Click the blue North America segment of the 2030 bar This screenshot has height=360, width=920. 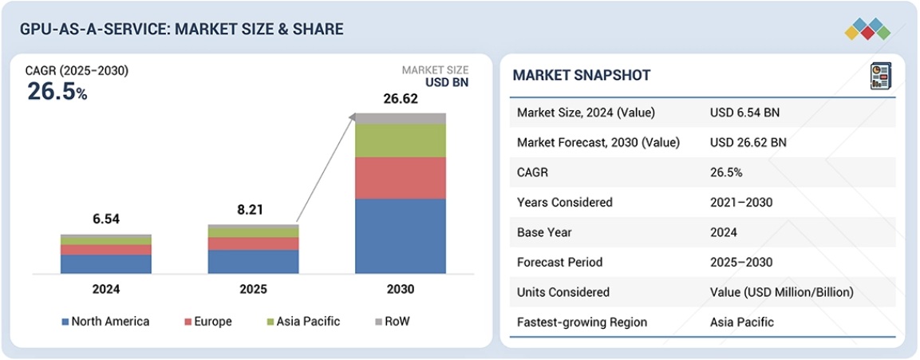pyautogui.click(x=401, y=235)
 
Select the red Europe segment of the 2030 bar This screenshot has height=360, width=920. pyautogui.click(x=401, y=177)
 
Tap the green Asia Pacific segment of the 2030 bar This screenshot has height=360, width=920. pyautogui.click(x=401, y=141)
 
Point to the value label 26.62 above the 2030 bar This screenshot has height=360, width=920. pyautogui.click(x=401, y=99)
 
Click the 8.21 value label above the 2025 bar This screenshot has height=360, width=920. pyautogui.click(x=254, y=211)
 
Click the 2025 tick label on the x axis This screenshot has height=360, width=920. pyautogui.click(x=254, y=289)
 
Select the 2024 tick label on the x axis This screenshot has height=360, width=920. pyautogui.click(x=105, y=289)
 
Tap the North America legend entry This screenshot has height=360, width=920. pyautogui.click(x=105, y=322)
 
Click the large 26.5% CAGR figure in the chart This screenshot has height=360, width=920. pyautogui.click(x=57, y=92)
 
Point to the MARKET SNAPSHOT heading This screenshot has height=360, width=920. pyautogui.click(x=581, y=75)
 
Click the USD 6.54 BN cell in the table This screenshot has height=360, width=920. pyautogui.click(x=744, y=113)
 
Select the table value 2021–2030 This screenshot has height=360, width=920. pyautogui.click(x=741, y=202)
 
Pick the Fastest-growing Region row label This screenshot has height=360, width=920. pyautogui.click(x=582, y=322)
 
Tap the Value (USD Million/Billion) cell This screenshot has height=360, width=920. pyautogui.click(x=781, y=292)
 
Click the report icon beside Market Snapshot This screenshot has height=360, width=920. pyautogui.click(x=880, y=76)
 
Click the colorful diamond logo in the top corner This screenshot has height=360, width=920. pyautogui.click(x=867, y=28)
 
